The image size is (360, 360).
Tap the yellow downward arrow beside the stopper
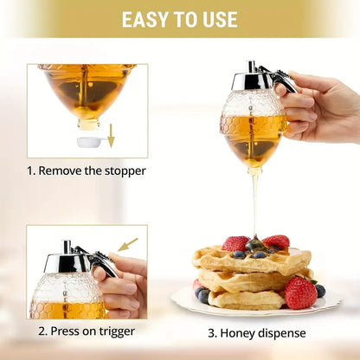[x=111, y=135]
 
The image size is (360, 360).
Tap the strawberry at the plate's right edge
[x=300, y=293]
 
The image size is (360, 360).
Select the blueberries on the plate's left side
[x=202, y=295]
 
